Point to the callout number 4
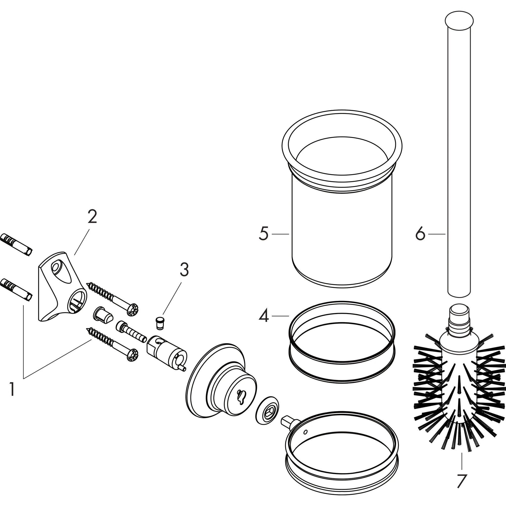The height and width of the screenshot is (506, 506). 264,316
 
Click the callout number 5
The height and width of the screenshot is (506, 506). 264,234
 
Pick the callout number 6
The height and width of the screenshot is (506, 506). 420,234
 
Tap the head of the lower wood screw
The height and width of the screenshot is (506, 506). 132,355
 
